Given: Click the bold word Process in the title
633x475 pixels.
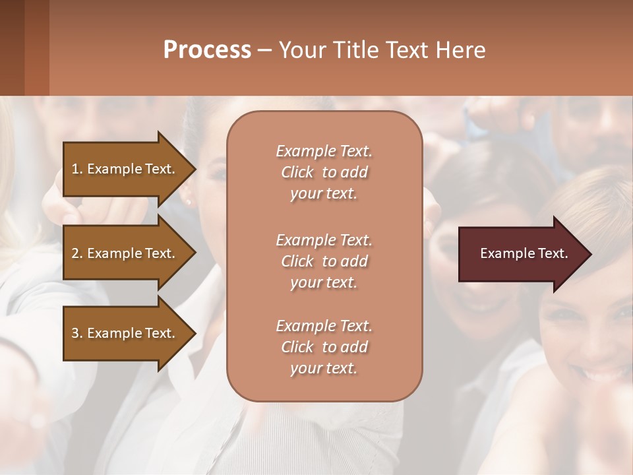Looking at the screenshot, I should [x=207, y=50].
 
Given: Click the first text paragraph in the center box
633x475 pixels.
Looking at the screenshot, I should [x=324, y=172].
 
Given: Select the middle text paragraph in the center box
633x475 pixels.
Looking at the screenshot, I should [x=324, y=261].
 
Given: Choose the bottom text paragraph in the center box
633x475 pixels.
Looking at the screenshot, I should [x=324, y=347].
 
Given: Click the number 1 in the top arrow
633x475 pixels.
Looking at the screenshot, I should [x=75, y=169].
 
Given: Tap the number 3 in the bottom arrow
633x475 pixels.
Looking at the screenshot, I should [x=75, y=333].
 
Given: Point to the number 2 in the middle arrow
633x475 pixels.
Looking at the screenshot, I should [x=75, y=253].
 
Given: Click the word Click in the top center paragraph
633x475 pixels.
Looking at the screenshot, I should [x=297, y=172].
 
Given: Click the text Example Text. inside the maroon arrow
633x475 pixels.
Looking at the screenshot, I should [x=524, y=253].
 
